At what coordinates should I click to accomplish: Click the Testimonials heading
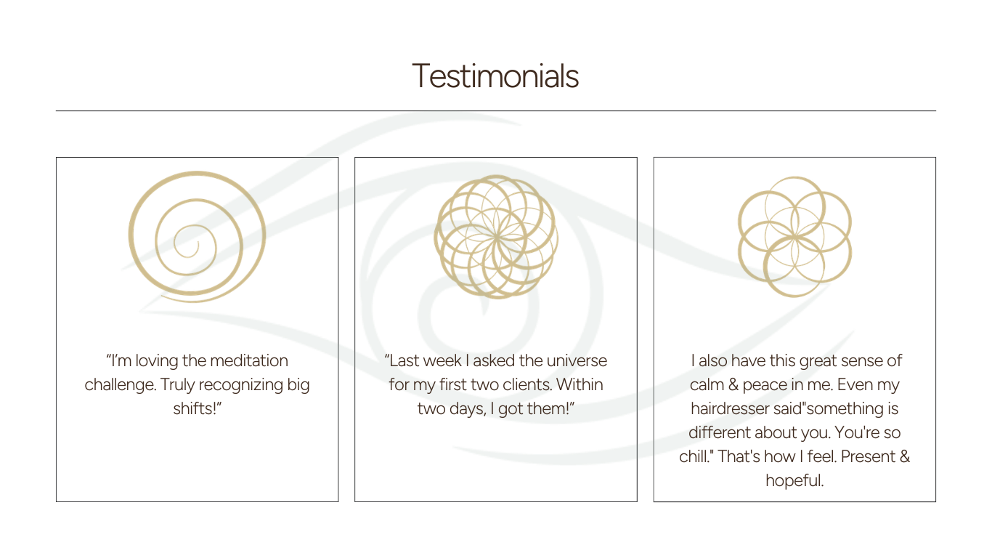click(x=495, y=76)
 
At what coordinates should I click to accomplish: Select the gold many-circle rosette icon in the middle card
click(x=496, y=237)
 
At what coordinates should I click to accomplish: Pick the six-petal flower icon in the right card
click(x=794, y=237)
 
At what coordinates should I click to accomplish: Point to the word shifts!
click(x=197, y=408)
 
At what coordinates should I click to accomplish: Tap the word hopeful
click(x=794, y=480)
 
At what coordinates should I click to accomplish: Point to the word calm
click(x=707, y=384)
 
